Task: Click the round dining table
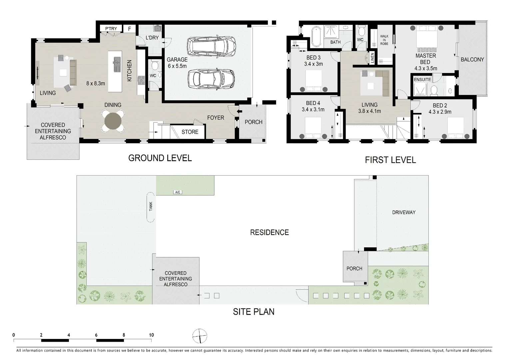tap(113, 121)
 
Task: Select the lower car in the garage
tap(211, 79)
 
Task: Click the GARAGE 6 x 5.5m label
tap(177, 63)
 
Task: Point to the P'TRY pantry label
tap(111, 29)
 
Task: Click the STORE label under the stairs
tap(190, 132)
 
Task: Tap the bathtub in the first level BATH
tap(316, 36)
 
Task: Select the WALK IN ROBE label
tap(384, 40)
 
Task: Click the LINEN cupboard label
tap(372, 58)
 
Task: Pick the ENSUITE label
tap(422, 80)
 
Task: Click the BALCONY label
tap(472, 60)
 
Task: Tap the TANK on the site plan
tap(151, 207)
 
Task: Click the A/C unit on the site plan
tap(178, 192)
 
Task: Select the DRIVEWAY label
tap(403, 212)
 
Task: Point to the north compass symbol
tap(200, 336)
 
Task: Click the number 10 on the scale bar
tap(151, 335)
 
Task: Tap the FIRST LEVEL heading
tap(390, 160)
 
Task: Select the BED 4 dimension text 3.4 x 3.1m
tap(313, 109)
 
